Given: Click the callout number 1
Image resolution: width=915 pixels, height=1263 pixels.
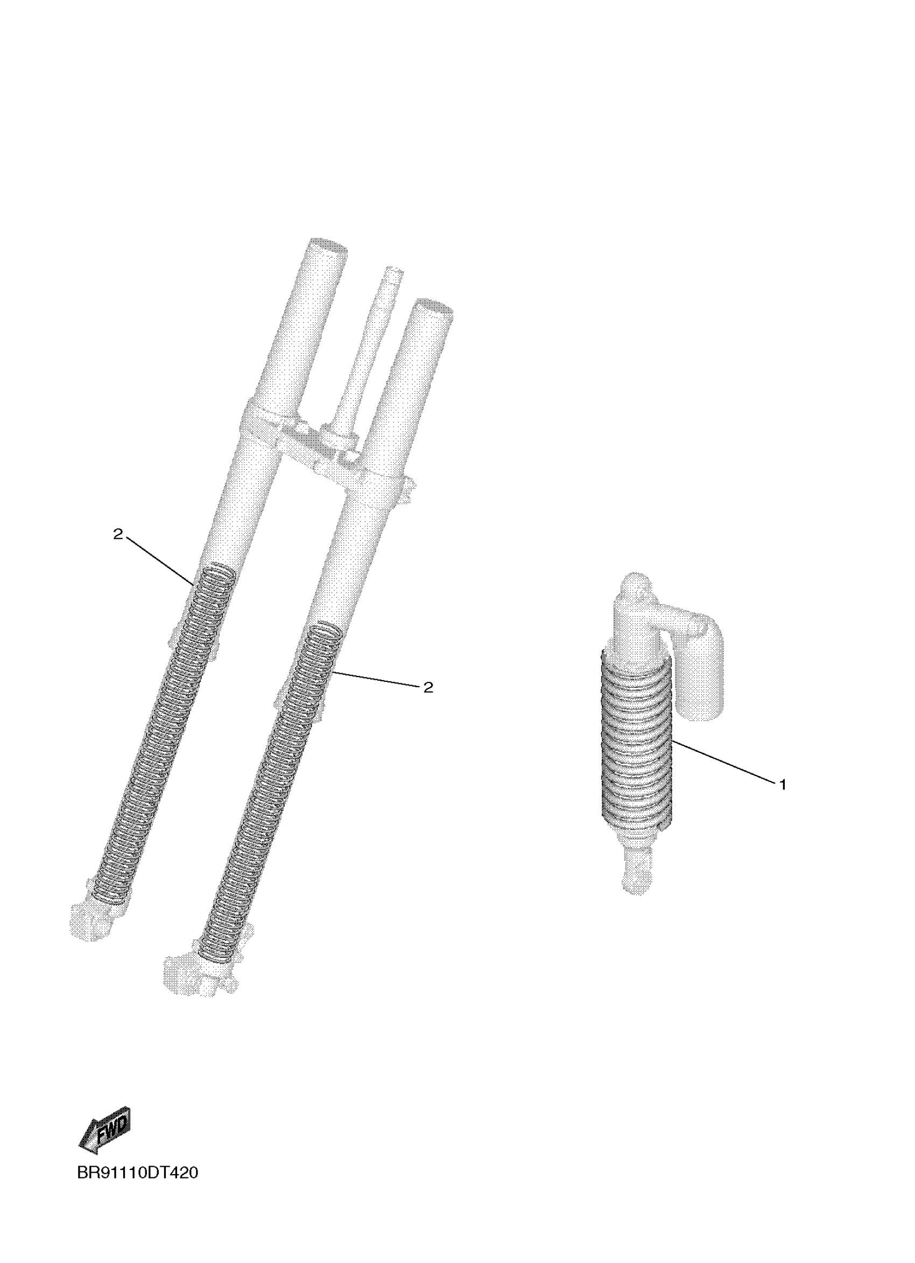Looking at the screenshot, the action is pyautogui.click(x=783, y=785).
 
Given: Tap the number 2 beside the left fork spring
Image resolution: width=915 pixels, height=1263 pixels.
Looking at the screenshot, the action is pyautogui.click(x=117, y=534).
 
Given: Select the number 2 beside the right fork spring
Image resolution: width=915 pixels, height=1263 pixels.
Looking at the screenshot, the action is pyautogui.click(x=428, y=688).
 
